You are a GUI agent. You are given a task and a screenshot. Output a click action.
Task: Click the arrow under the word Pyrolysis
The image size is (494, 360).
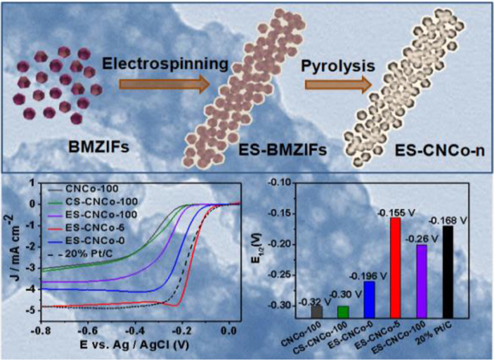click(x=338, y=84)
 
